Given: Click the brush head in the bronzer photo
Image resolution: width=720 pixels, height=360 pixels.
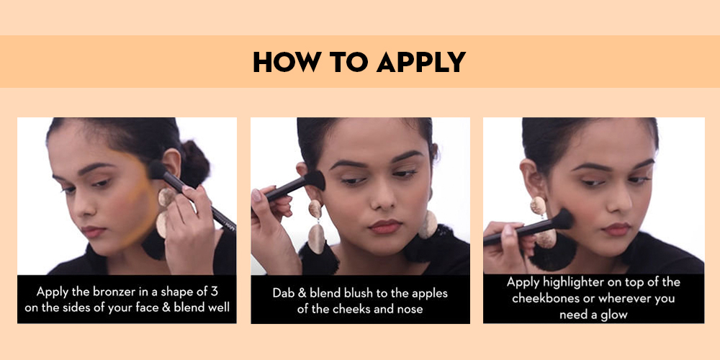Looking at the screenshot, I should pyautogui.click(x=157, y=171).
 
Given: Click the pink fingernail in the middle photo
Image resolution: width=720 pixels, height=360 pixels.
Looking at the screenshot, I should pyautogui.click(x=256, y=195).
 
